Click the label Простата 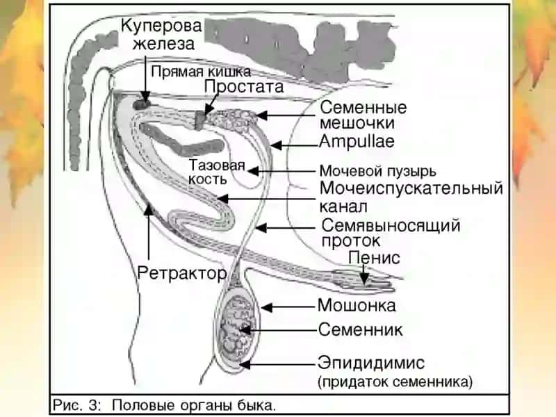[x=244, y=86]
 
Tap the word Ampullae [x=357, y=142]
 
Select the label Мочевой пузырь [x=377, y=171]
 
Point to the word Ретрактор [x=182, y=273]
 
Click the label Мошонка [x=357, y=306]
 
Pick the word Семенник [x=360, y=329]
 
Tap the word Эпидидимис [x=371, y=363]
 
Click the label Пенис [x=375, y=258]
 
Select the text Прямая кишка [x=201, y=72]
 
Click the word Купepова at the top [x=161, y=26]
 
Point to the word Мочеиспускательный [x=411, y=188]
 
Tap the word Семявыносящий [x=391, y=225]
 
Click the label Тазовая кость [x=217, y=172]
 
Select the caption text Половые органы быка [x=194, y=405]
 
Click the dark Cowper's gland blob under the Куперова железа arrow [x=142, y=104]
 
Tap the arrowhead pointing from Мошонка [x=267, y=307]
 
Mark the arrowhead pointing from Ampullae [x=277, y=145]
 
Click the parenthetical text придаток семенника [x=395, y=382]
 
